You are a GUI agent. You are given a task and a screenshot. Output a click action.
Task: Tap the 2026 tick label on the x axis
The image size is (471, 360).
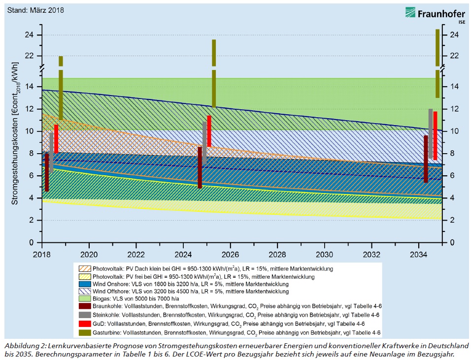[x=230, y=255]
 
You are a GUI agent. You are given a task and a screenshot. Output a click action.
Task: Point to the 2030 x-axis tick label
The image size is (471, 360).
[x=324, y=255]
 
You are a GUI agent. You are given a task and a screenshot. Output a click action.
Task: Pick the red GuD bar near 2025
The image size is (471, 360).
[x=209, y=131]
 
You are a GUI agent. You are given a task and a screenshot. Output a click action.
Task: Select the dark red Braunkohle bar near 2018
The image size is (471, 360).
[x=47, y=172]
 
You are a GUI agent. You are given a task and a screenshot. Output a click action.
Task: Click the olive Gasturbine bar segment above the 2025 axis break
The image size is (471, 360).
[x=214, y=52]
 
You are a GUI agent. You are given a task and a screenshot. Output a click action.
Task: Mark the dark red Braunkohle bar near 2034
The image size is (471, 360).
[x=426, y=159]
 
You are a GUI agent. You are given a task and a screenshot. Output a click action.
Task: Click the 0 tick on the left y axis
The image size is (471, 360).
[x=32, y=242]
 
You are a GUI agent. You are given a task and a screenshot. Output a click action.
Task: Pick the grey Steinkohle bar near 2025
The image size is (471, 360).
[x=204, y=143]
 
